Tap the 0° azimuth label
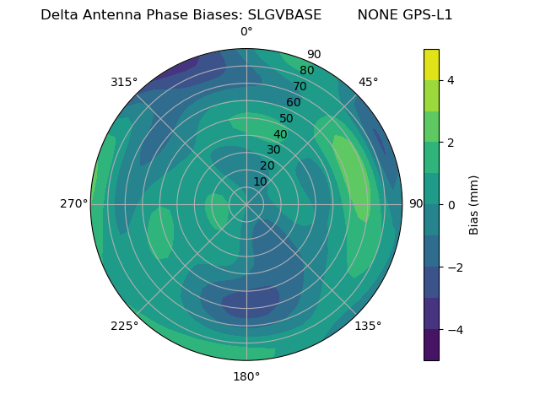246,32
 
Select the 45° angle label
369,82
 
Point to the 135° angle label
368,326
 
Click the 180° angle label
246,376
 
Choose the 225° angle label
124,326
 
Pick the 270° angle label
74,204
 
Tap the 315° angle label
124,82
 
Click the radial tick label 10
260,181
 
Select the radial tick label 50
287,118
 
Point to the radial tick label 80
307,70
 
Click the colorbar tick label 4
451,80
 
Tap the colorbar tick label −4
455,329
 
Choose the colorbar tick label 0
451,205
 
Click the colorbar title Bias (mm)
474,205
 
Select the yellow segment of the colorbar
431,65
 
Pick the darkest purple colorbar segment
431,345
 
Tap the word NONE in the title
375,15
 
